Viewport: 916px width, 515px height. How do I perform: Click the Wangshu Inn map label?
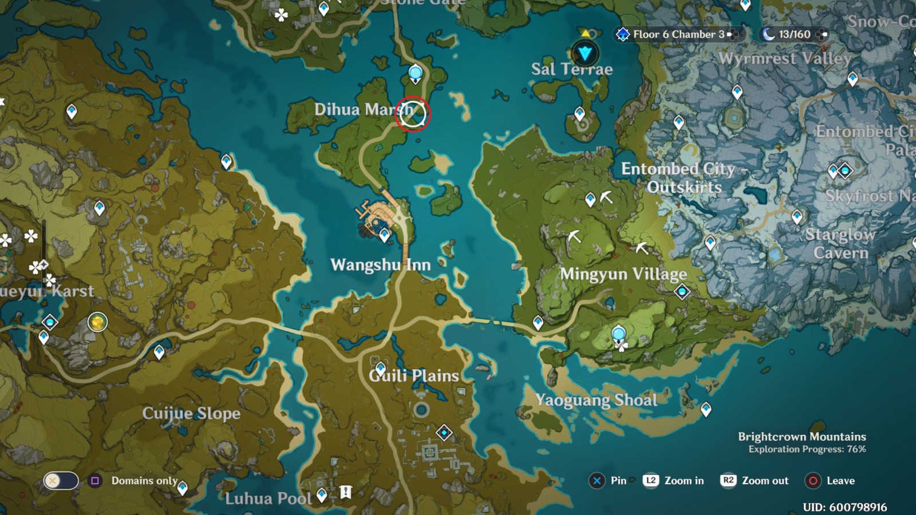pyautogui.click(x=380, y=265)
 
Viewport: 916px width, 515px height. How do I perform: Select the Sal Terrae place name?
pyautogui.click(x=571, y=69)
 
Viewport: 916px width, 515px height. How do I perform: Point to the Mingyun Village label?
pyautogui.click(x=623, y=274)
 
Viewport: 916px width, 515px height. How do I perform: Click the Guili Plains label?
pyautogui.click(x=414, y=376)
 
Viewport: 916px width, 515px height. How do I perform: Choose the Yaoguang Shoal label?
pyautogui.click(x=596, y=400)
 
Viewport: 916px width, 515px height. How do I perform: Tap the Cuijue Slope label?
pyautogui.click(x=191, y=413)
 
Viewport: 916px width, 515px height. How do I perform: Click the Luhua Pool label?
pyautogui.click(x=268, y=498)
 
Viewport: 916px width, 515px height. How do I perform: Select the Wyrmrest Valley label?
pyautogui.click(x=785, y=58)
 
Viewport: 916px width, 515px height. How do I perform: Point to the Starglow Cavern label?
pyautogui.click(x=840, y=243)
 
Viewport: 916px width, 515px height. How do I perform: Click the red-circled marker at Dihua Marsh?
pyautogui.click(x=412, y=114)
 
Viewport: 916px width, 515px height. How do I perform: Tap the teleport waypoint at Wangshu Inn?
pyautogui.click(x=385, y=235)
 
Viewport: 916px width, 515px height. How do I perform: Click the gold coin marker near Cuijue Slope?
pyautogui.click(x=97, y=322)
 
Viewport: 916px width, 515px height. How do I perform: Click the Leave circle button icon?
pyautogui.click(x=813, y=481)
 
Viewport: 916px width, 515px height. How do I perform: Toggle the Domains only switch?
pyautogui.click(x=61, y=481)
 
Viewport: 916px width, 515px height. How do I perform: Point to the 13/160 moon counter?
pyautogui.click(x=793, y=34)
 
